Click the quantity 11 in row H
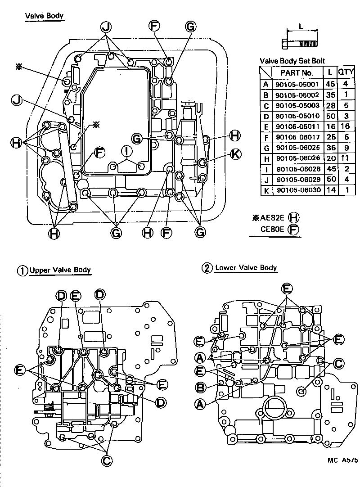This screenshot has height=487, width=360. point(346,158)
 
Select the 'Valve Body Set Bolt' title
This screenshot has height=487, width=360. point(292,61)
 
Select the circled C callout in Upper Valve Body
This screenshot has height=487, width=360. point(107,460)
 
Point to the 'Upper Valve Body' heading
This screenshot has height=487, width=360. point(60,271)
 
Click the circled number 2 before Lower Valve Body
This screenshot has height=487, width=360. point(207,268)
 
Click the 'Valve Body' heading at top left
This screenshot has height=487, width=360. point(44,16)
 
